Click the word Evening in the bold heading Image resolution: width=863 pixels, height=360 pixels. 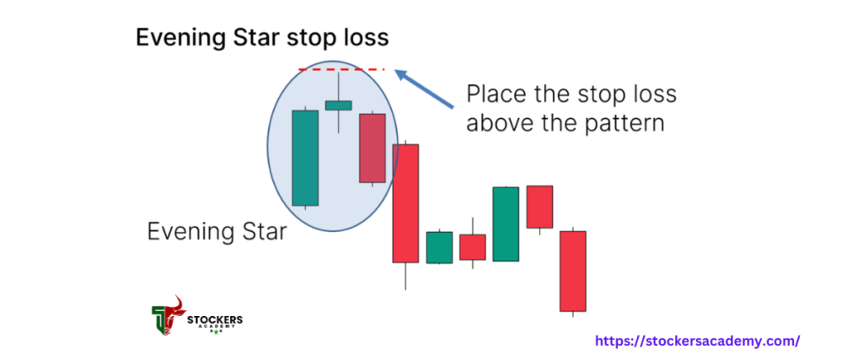coord(176,39)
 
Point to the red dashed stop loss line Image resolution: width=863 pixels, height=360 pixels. coord(341,70)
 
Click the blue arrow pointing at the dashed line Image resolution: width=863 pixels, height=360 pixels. coord(424,88)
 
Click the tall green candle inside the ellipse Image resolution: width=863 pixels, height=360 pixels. coord(305,158)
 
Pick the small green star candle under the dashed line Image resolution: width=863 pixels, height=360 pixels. coord(338,105)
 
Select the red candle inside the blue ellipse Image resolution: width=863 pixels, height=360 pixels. coord(372,148)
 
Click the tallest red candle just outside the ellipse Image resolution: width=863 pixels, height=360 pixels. coord(405,203)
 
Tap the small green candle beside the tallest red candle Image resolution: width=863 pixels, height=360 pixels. coord(439,247)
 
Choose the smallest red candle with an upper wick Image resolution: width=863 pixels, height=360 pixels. coord(473,247)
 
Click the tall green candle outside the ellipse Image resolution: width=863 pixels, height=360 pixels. coord(507,223)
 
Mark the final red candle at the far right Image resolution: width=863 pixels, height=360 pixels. coord(573,271)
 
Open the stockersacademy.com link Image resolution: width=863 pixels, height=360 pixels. coord(697,341)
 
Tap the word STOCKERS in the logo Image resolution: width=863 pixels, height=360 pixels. coord(215,320)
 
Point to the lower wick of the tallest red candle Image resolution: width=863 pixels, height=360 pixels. coord(405,277)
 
